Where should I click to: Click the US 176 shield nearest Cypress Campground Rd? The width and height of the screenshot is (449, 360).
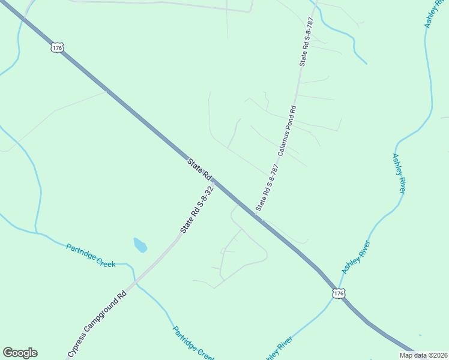tap(58, 47)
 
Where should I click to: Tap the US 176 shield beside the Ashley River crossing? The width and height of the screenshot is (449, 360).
tap(339, 293)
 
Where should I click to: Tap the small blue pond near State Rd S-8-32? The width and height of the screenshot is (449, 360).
tap(139, 245)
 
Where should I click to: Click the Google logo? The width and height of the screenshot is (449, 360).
tap(20, 353)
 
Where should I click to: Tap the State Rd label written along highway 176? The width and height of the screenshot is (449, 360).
tap(199, 169)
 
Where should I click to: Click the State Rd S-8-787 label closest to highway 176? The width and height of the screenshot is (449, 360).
tap(268, 186)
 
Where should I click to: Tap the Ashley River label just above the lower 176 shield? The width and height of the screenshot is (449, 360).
tap(356, 257)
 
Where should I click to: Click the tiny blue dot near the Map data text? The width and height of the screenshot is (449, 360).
tap(420, 335)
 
